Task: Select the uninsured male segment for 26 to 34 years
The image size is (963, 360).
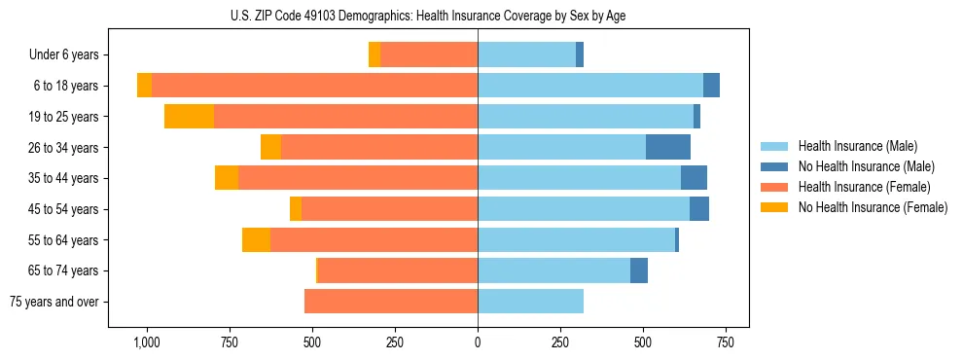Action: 668,147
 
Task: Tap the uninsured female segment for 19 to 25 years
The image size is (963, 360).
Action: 189,117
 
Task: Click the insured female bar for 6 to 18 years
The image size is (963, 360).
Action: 314,86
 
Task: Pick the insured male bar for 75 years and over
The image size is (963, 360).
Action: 530,302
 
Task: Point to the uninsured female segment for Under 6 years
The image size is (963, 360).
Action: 374,54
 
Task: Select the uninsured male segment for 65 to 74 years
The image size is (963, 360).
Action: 639,270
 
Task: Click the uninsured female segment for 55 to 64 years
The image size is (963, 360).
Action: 256,239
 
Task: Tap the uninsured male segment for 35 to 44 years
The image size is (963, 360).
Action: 694,178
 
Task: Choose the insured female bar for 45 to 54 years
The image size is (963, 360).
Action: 389,209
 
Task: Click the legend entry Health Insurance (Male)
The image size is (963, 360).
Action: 857,146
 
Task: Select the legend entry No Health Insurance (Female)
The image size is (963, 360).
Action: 873,206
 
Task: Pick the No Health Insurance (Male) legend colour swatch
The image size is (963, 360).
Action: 774,166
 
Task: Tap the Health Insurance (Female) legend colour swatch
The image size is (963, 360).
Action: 774,187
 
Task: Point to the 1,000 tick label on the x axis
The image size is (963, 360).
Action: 146,343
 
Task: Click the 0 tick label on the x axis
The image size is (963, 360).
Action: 478,343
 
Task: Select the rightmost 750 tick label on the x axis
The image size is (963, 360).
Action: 726,343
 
